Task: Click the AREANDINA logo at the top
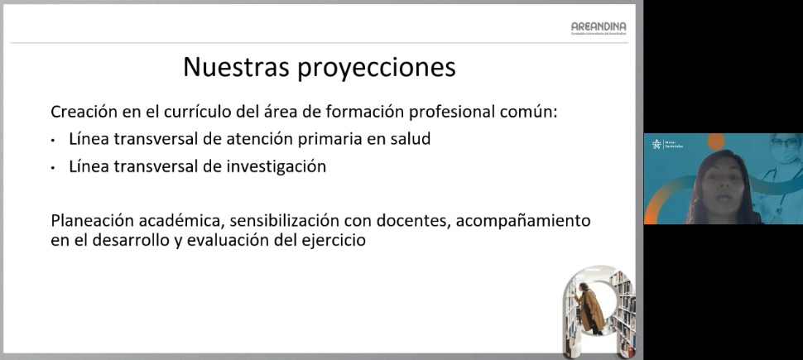598,27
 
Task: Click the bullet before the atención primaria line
54,140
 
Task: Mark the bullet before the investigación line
54,167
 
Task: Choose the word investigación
274,167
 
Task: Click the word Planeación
94,222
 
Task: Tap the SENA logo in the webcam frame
658,144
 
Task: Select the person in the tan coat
591,310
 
